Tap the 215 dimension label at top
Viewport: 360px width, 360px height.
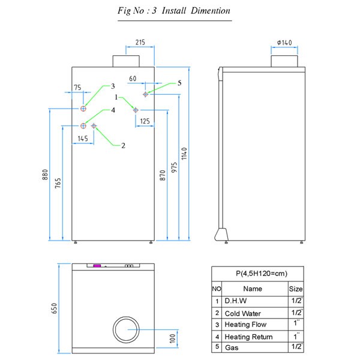click(140, 43)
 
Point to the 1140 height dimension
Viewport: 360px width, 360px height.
click(185, 153)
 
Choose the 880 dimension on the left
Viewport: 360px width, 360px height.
click(45, 174)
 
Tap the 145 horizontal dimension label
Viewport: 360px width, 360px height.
click(83, 139)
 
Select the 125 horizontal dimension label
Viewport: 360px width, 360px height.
click(145, 121)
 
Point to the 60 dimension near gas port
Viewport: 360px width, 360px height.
click(133, 79)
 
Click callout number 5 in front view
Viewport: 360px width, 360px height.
click(179, 83)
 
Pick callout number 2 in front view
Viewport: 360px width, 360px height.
click(123, 145)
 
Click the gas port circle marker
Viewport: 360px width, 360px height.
click(145, 94)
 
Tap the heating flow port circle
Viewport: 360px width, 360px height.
click(83, 109)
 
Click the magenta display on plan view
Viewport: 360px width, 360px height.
click(96, 265)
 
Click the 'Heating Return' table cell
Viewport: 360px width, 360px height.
click(248, 337)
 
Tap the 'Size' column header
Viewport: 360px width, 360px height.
click(296, 289)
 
